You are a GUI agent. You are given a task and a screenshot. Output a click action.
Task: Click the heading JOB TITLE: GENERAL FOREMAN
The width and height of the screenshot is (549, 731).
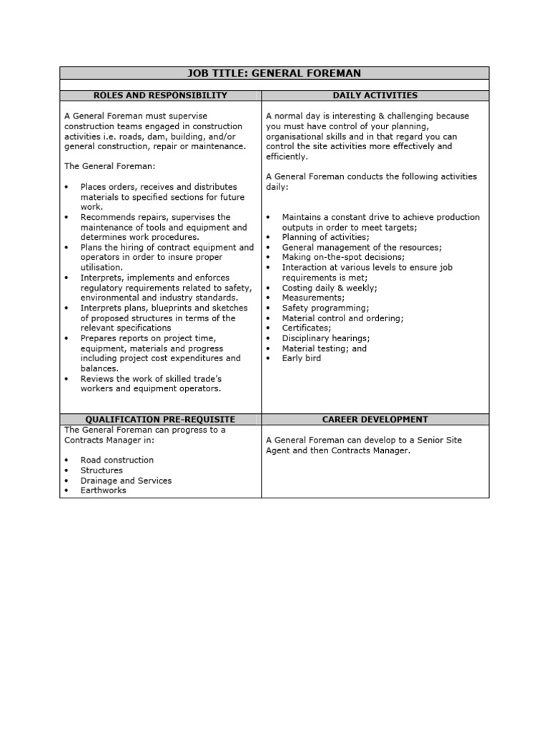[x=274, y=73]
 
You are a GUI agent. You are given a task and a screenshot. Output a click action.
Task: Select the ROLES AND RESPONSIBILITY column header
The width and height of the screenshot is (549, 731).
[x=160, y=95]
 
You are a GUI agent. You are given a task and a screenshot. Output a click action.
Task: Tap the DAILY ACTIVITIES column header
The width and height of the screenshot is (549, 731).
[x=375, y=95]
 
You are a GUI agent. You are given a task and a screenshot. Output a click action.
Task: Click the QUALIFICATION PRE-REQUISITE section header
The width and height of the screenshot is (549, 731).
[x=160, y=420]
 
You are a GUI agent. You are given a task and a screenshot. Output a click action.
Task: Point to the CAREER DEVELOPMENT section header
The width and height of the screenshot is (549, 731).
[x=375, y=420]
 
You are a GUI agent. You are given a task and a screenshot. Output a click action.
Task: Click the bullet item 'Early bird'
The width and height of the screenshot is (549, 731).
[x=301, y=358]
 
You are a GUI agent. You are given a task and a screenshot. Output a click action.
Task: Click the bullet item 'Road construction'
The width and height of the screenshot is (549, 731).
[x=117, y=460]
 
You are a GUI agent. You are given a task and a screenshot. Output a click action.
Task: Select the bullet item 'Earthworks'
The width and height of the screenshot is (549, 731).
[x=103, y=490]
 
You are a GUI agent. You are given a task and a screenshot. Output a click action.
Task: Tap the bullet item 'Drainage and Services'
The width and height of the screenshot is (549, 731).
[x=126, y=480]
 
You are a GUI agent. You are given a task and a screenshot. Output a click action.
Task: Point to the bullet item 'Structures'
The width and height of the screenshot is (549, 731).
[x=102, y=470]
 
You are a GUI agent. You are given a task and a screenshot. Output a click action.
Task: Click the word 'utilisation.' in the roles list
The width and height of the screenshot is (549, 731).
[x=102, y=267]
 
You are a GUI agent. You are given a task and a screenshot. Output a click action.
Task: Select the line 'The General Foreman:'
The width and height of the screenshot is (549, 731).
[x=104, y=166]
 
